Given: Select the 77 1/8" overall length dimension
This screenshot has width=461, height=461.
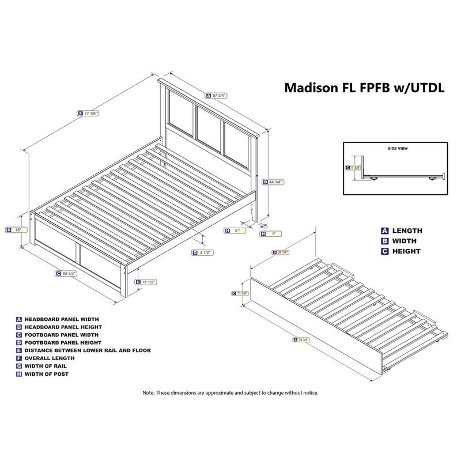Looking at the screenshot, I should coord(89,114).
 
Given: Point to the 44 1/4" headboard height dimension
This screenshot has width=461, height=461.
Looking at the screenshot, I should coord(274,182).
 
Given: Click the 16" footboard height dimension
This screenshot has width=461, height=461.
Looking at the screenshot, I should coord(16,229).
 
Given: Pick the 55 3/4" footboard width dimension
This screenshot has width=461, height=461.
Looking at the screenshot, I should coord(66,273).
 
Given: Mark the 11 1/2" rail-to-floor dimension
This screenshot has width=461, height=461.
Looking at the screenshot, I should coord(147,282).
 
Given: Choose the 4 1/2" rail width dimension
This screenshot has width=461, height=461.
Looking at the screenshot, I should coord(203,252).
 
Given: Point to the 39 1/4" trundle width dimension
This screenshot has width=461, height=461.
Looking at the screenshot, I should coord(281,252).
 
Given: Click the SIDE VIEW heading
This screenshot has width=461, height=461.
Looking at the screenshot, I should coord(397,148).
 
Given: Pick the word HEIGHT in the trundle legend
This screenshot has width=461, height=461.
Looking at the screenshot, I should coord(406,251).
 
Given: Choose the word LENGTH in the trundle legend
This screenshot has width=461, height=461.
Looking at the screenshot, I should coord(407,231).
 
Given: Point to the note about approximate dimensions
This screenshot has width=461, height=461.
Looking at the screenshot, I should coord(231,392).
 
